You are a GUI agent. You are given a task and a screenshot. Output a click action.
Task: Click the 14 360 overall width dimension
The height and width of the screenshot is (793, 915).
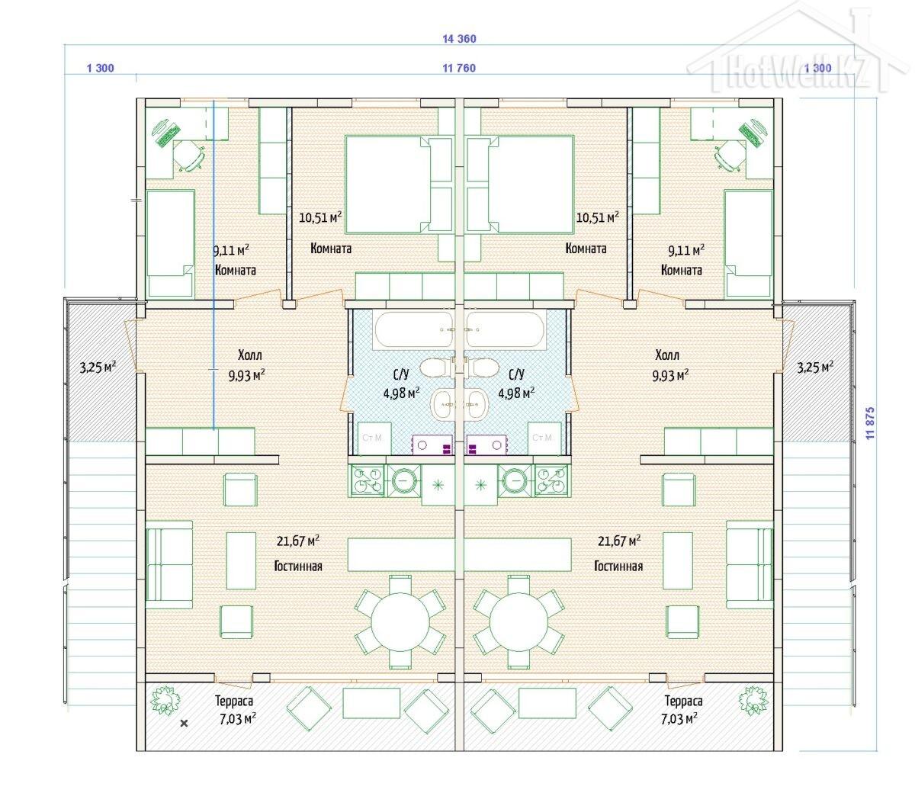459,39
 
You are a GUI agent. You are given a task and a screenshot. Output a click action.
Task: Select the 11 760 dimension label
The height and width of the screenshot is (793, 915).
459,68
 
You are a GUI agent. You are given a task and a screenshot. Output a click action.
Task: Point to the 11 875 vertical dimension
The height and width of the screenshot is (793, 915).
870,423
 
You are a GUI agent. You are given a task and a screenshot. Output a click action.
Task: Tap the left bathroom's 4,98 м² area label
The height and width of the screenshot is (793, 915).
402,393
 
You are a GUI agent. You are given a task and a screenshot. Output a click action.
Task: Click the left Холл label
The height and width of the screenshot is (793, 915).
249,355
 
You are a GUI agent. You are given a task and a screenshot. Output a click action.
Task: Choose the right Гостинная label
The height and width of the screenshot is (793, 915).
618,567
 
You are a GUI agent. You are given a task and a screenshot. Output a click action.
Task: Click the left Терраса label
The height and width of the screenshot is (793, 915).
234,701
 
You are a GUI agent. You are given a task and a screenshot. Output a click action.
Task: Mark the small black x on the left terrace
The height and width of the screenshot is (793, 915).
185,724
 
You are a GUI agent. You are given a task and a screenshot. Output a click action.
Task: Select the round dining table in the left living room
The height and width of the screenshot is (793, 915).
400,621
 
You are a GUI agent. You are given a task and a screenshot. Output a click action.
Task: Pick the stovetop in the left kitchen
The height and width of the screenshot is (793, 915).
368,480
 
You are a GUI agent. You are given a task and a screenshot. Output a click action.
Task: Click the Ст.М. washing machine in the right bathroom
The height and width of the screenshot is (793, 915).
544,438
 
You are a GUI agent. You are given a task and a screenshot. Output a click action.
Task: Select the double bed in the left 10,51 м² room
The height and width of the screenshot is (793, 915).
398,185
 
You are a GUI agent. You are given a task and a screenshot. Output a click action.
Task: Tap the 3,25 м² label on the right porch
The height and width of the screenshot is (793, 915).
815,367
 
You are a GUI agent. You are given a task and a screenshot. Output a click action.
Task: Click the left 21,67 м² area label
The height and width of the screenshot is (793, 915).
298,541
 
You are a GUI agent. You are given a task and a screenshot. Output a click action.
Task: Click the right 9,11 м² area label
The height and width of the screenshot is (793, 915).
686,250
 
